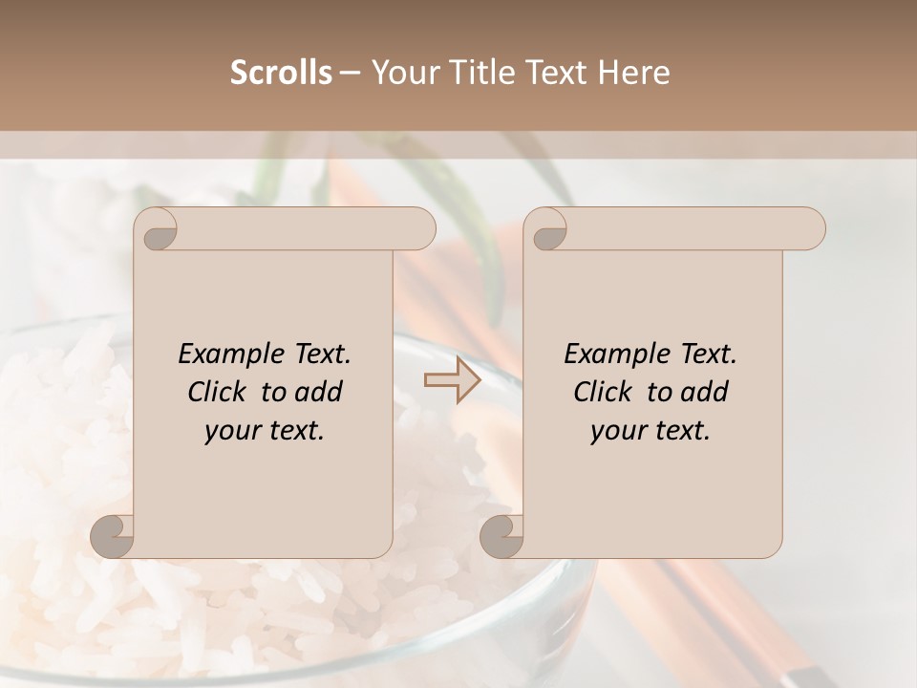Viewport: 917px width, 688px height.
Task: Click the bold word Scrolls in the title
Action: pyautogui.click(x=281, y=73)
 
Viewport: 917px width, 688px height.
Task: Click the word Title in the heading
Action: pyautogui.click(x=479, y=73)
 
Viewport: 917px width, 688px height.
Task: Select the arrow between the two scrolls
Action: pyautogui.click(x=452, y=381)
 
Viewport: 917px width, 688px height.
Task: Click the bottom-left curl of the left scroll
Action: pyautogui.click(x=113, y=537)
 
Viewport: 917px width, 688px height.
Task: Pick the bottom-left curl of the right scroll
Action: pyautogui.click(x=501, y=537)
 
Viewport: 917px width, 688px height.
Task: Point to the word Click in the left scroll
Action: pyautogui.click(x=217, y=392)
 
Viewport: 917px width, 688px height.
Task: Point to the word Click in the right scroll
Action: pyautogui.click(x=603, y=392)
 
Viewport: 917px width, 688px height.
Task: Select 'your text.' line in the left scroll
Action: pyautogui.click(x=265, y=430)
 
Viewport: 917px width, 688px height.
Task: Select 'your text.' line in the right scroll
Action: pyautogui.click(x=650, y=430)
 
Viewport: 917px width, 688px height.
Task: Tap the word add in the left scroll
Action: pyautogui.click(x=319, y=392)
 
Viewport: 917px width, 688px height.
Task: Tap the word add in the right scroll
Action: pyautogui.click(x=705, y=392)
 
